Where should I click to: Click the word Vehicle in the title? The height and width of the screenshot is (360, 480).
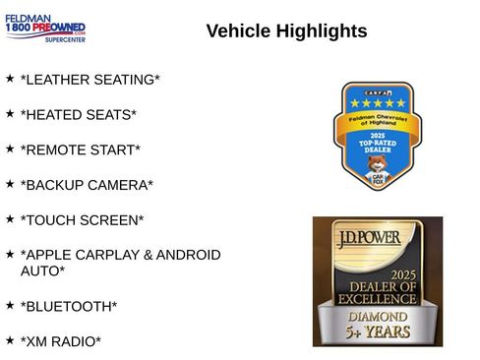click(240, 31)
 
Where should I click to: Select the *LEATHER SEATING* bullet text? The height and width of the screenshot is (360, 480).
click(90, 80)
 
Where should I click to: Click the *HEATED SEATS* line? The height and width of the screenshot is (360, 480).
click(78, 115)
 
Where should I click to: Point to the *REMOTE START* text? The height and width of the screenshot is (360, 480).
click(80, 150)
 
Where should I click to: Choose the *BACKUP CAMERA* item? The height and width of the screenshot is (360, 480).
click(87, 185)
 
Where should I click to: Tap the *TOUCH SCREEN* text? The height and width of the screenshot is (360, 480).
click(82, 219)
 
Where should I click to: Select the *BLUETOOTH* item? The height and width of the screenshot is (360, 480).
click(68, 306)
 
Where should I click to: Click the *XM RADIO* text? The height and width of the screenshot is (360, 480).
click(60, 341)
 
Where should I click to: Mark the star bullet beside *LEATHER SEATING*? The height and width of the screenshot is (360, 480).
click(10, 77)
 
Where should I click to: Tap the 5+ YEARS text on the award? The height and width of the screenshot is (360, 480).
click(378, 332)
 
